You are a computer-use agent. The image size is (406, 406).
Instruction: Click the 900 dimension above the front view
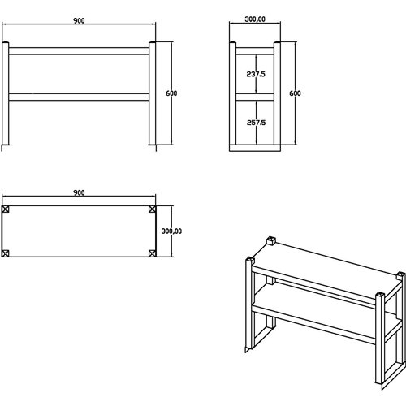pyautogui.click(x=78, y=19)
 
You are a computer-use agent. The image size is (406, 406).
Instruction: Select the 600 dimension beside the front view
pyautogui.click(x=171, y=93)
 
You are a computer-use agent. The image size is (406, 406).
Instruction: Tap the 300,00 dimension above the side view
pyautogui.click(x=256, y=19)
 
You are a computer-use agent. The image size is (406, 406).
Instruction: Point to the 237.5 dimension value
pyautogui.click(x=257, y=74)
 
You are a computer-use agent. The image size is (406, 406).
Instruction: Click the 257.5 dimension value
pyautogui.click(x=257, y=123)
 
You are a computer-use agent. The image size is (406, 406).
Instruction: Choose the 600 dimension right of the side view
pyautogui.click(x=295, y=93)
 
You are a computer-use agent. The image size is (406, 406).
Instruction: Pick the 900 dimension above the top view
pyautogui.click(x=78, y=192)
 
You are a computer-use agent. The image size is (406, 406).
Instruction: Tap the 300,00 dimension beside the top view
pyautogui.click(x=172, y=231)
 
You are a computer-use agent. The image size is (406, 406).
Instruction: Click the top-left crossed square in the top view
pyautogui.click(x=6, y=209)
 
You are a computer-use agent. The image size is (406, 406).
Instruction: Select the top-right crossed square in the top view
pyautogui.click(x=152, y=209)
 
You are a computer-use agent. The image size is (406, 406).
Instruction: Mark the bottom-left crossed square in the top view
pyautogui.click(x=6, y=253)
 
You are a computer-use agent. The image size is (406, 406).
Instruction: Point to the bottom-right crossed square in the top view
pyautogui.click(x=152, y=253)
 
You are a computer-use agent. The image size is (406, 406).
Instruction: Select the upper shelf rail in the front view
pyautogui.click(x=79, y=51)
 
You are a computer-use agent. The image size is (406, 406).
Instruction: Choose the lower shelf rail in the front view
pyautogui.click(x=79, y=97)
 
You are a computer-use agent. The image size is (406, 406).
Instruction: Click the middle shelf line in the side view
pyautogui.click(x=256, y=97)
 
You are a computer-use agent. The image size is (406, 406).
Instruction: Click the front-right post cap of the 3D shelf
pyautogui.click(x=379, y=294)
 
